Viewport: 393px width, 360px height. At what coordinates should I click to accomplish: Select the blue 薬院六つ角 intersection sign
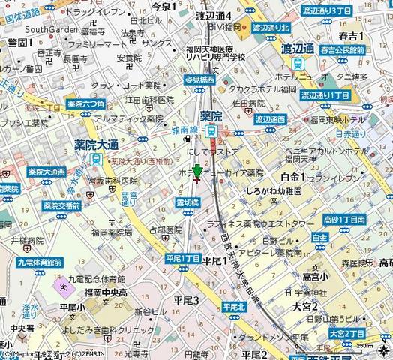(85, 104)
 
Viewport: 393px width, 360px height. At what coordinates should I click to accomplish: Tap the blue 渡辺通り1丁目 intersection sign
(325, 95)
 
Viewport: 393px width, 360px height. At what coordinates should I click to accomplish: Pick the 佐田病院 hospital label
(247, 103)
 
